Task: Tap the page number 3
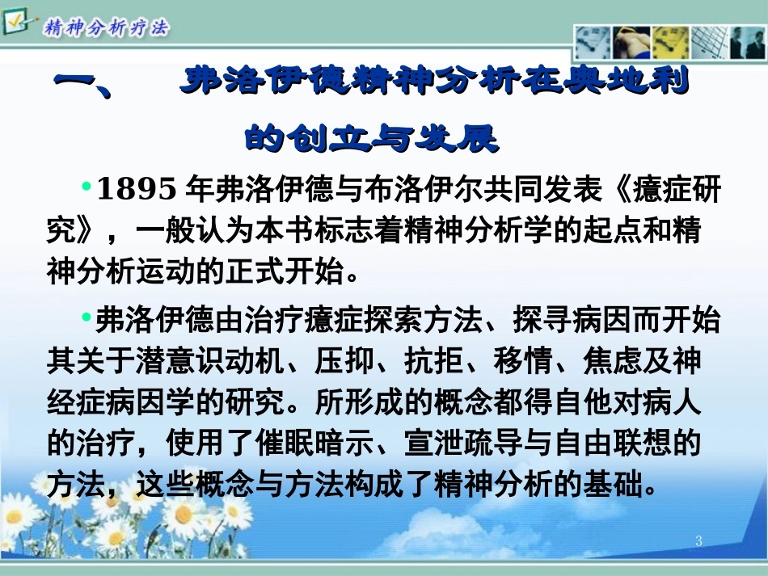(x=699, y=541)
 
